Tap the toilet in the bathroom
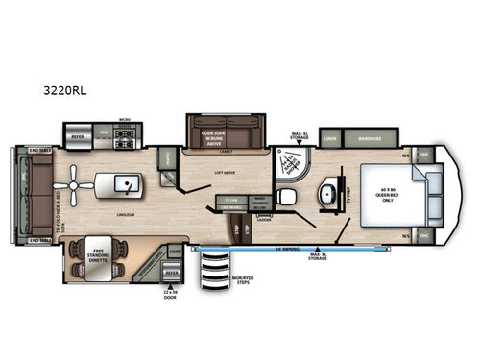(x=284, y=197)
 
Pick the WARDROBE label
(x=375, y=139)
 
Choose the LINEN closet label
(x=332, y=139)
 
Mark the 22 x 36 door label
(x=172, y=290)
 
